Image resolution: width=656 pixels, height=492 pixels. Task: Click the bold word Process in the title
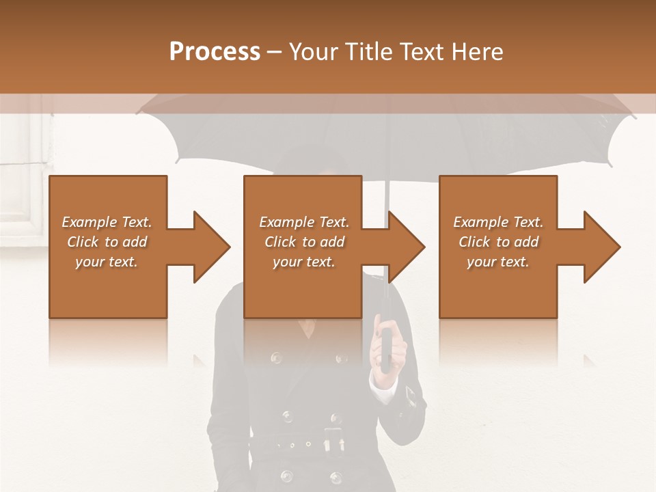tap(215, 52)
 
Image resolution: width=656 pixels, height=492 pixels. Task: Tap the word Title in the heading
tap(367, 52)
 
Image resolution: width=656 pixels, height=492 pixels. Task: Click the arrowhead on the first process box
tap(208, 247)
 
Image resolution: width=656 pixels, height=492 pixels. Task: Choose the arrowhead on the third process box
tap(599, 247)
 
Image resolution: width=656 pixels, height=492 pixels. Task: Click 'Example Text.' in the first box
tap(107, 222)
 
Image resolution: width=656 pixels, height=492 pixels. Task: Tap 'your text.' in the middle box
tap(303, 262)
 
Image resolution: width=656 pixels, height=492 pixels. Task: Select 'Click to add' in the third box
tap(498, 242)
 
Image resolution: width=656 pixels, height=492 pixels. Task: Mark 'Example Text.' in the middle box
tap(303, 222)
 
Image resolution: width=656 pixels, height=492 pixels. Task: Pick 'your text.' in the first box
tap(107, 262)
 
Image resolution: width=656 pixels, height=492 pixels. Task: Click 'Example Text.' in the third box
tap(498, 222)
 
